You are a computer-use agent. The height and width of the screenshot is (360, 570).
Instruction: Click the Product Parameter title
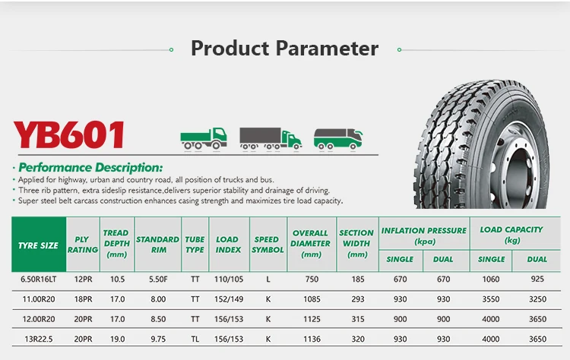coord(284,49)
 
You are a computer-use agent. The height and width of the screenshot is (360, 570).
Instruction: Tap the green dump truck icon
coord(203,137)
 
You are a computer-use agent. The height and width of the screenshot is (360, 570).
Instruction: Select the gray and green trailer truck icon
coord(270,137)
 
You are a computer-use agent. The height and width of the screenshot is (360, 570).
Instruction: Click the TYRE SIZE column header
coord(38,245)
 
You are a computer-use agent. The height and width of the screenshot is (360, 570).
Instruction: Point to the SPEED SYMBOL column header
coord(268,244)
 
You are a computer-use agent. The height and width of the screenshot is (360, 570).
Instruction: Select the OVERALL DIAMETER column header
coord(311,244)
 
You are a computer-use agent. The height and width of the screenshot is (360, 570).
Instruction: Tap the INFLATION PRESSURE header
coord(423,235)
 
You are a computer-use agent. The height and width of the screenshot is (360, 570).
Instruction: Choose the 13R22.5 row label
coord(38,339)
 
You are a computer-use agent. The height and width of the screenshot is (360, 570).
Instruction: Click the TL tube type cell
coord(195,339)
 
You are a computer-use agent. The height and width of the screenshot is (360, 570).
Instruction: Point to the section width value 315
coord(357,319)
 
